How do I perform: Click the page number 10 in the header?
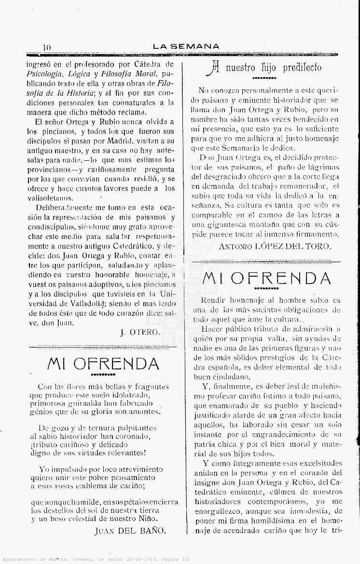coord(47,47)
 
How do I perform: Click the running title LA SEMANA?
coord(186,47)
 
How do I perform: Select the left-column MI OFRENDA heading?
coord(103,363)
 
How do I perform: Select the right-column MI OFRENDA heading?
coord(267,278)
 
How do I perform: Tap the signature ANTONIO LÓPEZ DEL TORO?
coord(275,246)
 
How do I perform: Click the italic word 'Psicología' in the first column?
coord(46,74)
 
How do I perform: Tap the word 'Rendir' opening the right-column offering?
coord(213,300)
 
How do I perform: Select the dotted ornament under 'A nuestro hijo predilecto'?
coord(264,78)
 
